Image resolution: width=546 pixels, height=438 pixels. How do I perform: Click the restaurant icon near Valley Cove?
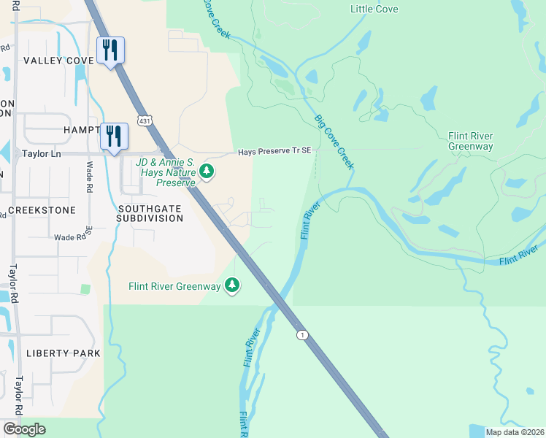[x=110, y=50]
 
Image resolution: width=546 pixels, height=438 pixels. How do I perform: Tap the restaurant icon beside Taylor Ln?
[x=114, y=137]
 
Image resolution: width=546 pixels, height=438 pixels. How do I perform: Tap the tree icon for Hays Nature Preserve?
[x=207, y=172]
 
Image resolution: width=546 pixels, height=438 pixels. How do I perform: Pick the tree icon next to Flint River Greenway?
[x=232, y=285]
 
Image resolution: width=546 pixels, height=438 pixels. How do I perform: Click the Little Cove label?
[x=374, y=9]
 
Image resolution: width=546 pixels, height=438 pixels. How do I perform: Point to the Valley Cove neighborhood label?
[x=58, y=61]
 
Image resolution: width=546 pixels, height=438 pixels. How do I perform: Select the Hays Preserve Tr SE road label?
[x=274, y=151]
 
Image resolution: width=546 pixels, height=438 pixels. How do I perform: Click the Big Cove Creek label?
[x=334, y=142]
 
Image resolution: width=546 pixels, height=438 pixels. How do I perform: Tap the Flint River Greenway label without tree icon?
[x=470, y=142]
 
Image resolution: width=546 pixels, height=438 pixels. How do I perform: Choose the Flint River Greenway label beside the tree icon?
[x=176, y=285]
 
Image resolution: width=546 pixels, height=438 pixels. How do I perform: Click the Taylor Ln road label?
[x=40, y=154]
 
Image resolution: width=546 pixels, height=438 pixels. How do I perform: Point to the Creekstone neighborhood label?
[x=42, y=210]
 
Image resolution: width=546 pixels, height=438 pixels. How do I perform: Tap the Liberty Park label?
[x=63, y=353]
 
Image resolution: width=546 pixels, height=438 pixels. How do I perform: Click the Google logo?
[x=24, y=429]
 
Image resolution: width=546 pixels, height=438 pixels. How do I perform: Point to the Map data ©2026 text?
[x=514, y=432]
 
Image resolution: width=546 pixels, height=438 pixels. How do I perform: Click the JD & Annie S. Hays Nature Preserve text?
[x=165, y=172]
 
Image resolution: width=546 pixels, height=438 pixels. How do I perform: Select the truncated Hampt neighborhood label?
[x=80, y=129]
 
